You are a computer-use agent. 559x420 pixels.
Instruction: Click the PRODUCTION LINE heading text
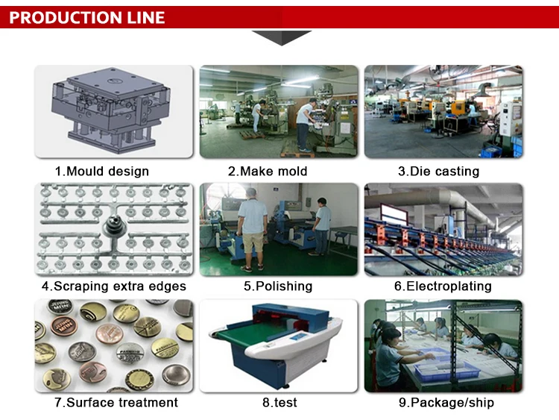pos(87,17)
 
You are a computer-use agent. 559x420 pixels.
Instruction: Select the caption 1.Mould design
pos(102,172)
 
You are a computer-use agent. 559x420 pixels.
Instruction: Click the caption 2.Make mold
pos(268,172)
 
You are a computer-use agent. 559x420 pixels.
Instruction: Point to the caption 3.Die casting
pos(438,172)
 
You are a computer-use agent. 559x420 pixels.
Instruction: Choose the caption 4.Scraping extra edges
pos(113,286)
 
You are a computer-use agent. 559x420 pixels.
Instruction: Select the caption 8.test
pos(279,403)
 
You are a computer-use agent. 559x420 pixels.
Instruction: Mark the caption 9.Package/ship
pos(446,403)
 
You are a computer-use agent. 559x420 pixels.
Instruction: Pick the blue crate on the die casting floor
pos(490,151)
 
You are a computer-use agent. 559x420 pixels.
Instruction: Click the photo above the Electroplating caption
pos(443,229)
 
